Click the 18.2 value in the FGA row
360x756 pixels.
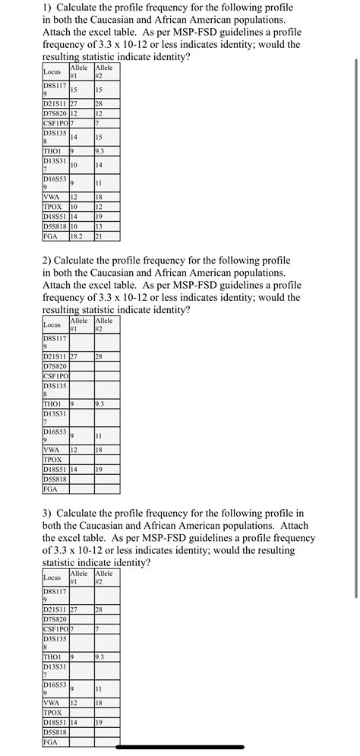click(76, 236)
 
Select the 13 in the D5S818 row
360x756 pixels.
click(99, 226)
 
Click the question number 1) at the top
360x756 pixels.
click(48, 7)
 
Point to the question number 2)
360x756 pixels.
click(48, 260)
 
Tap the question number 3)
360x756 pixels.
click(48, 514)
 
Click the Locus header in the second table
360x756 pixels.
click(52, 324)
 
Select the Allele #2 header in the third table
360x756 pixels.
click(104, 577)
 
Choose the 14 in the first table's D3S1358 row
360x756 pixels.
click(74, 138)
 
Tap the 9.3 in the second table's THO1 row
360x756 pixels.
click(100, 403)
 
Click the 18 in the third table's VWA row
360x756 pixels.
click(99, 703)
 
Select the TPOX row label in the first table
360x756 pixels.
click(53, 207)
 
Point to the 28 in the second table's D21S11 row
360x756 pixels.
click(99, 356)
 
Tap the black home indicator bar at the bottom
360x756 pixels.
click(180, 747)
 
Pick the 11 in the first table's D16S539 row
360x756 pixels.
click(99, 183)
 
